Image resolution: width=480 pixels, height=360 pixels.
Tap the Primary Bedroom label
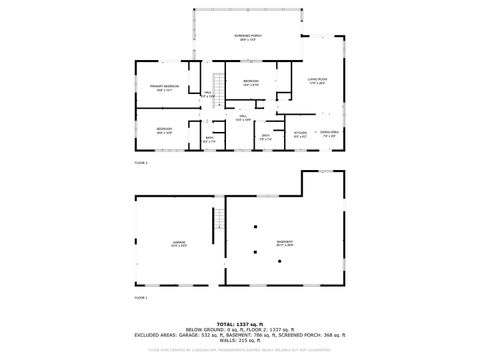click(x=165, y=88)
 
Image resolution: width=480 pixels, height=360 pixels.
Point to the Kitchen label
click(x=299, y=133)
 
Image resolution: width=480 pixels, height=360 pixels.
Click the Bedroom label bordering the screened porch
click(x=250, y=82)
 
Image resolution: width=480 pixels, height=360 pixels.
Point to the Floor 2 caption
click(x=141, y=161)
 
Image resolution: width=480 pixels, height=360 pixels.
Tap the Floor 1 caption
click(x=141, y=297)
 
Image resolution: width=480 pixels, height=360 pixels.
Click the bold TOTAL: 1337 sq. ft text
click(x=240, y=324)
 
